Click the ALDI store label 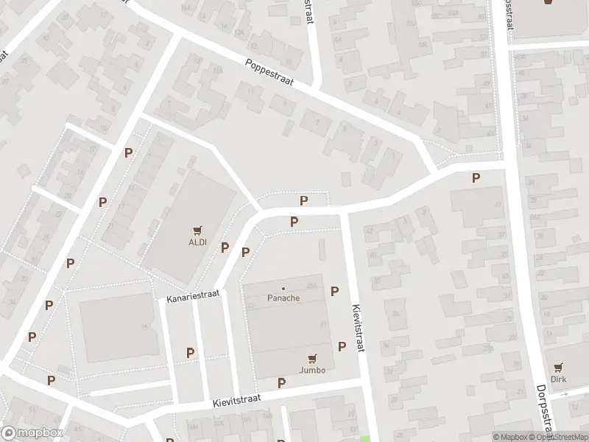[197, 242]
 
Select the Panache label [283, 298]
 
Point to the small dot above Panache [283, 288]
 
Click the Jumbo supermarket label [312, 370]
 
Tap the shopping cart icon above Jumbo [312, 359]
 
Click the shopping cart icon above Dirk [560, 366]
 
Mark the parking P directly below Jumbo [281, 382]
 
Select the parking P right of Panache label [334, 291]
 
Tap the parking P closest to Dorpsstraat [476, 178]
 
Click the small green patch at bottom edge [364, 438]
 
